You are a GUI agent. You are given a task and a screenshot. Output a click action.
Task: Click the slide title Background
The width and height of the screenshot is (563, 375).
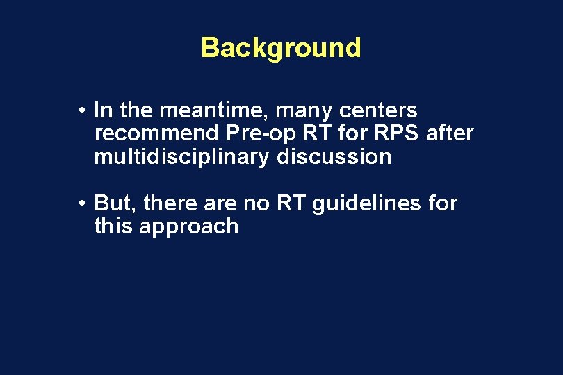click(x=281, y=48)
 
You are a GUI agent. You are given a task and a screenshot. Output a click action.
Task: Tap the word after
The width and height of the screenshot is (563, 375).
click(x=450, y=133)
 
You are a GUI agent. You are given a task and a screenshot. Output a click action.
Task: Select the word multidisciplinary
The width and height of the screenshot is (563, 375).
click(x=181, y=157)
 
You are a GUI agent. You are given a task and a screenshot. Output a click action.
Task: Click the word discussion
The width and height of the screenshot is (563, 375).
click(x=334, y=157)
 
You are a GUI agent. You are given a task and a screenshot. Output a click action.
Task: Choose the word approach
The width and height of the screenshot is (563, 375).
click(x=189, y=226)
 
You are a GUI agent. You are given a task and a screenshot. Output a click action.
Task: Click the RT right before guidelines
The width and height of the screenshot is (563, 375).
click(x=293, y=203)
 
